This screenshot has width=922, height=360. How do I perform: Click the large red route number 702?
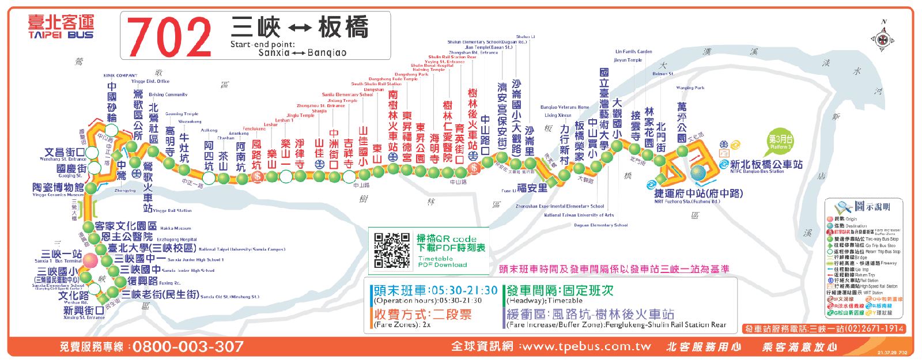169,36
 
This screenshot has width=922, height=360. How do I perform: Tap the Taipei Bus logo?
61,27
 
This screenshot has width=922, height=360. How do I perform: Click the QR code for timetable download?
391,250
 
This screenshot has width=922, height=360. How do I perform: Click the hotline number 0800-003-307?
188,347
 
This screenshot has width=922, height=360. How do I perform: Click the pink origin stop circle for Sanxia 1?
90,260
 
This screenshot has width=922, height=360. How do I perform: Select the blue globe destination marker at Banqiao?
698,173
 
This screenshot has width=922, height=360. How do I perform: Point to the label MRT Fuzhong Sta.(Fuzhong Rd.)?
687,202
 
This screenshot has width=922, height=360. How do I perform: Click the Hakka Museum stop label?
175,228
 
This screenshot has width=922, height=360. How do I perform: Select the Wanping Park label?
690,88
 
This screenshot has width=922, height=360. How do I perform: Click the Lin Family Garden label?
634,52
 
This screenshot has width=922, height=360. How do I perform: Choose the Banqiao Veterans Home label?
565,107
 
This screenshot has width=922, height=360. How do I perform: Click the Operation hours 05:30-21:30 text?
428,301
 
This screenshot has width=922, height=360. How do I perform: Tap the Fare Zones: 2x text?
402,325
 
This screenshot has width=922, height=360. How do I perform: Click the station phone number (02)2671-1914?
874,329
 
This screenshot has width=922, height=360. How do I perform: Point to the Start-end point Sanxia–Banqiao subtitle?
288,48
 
